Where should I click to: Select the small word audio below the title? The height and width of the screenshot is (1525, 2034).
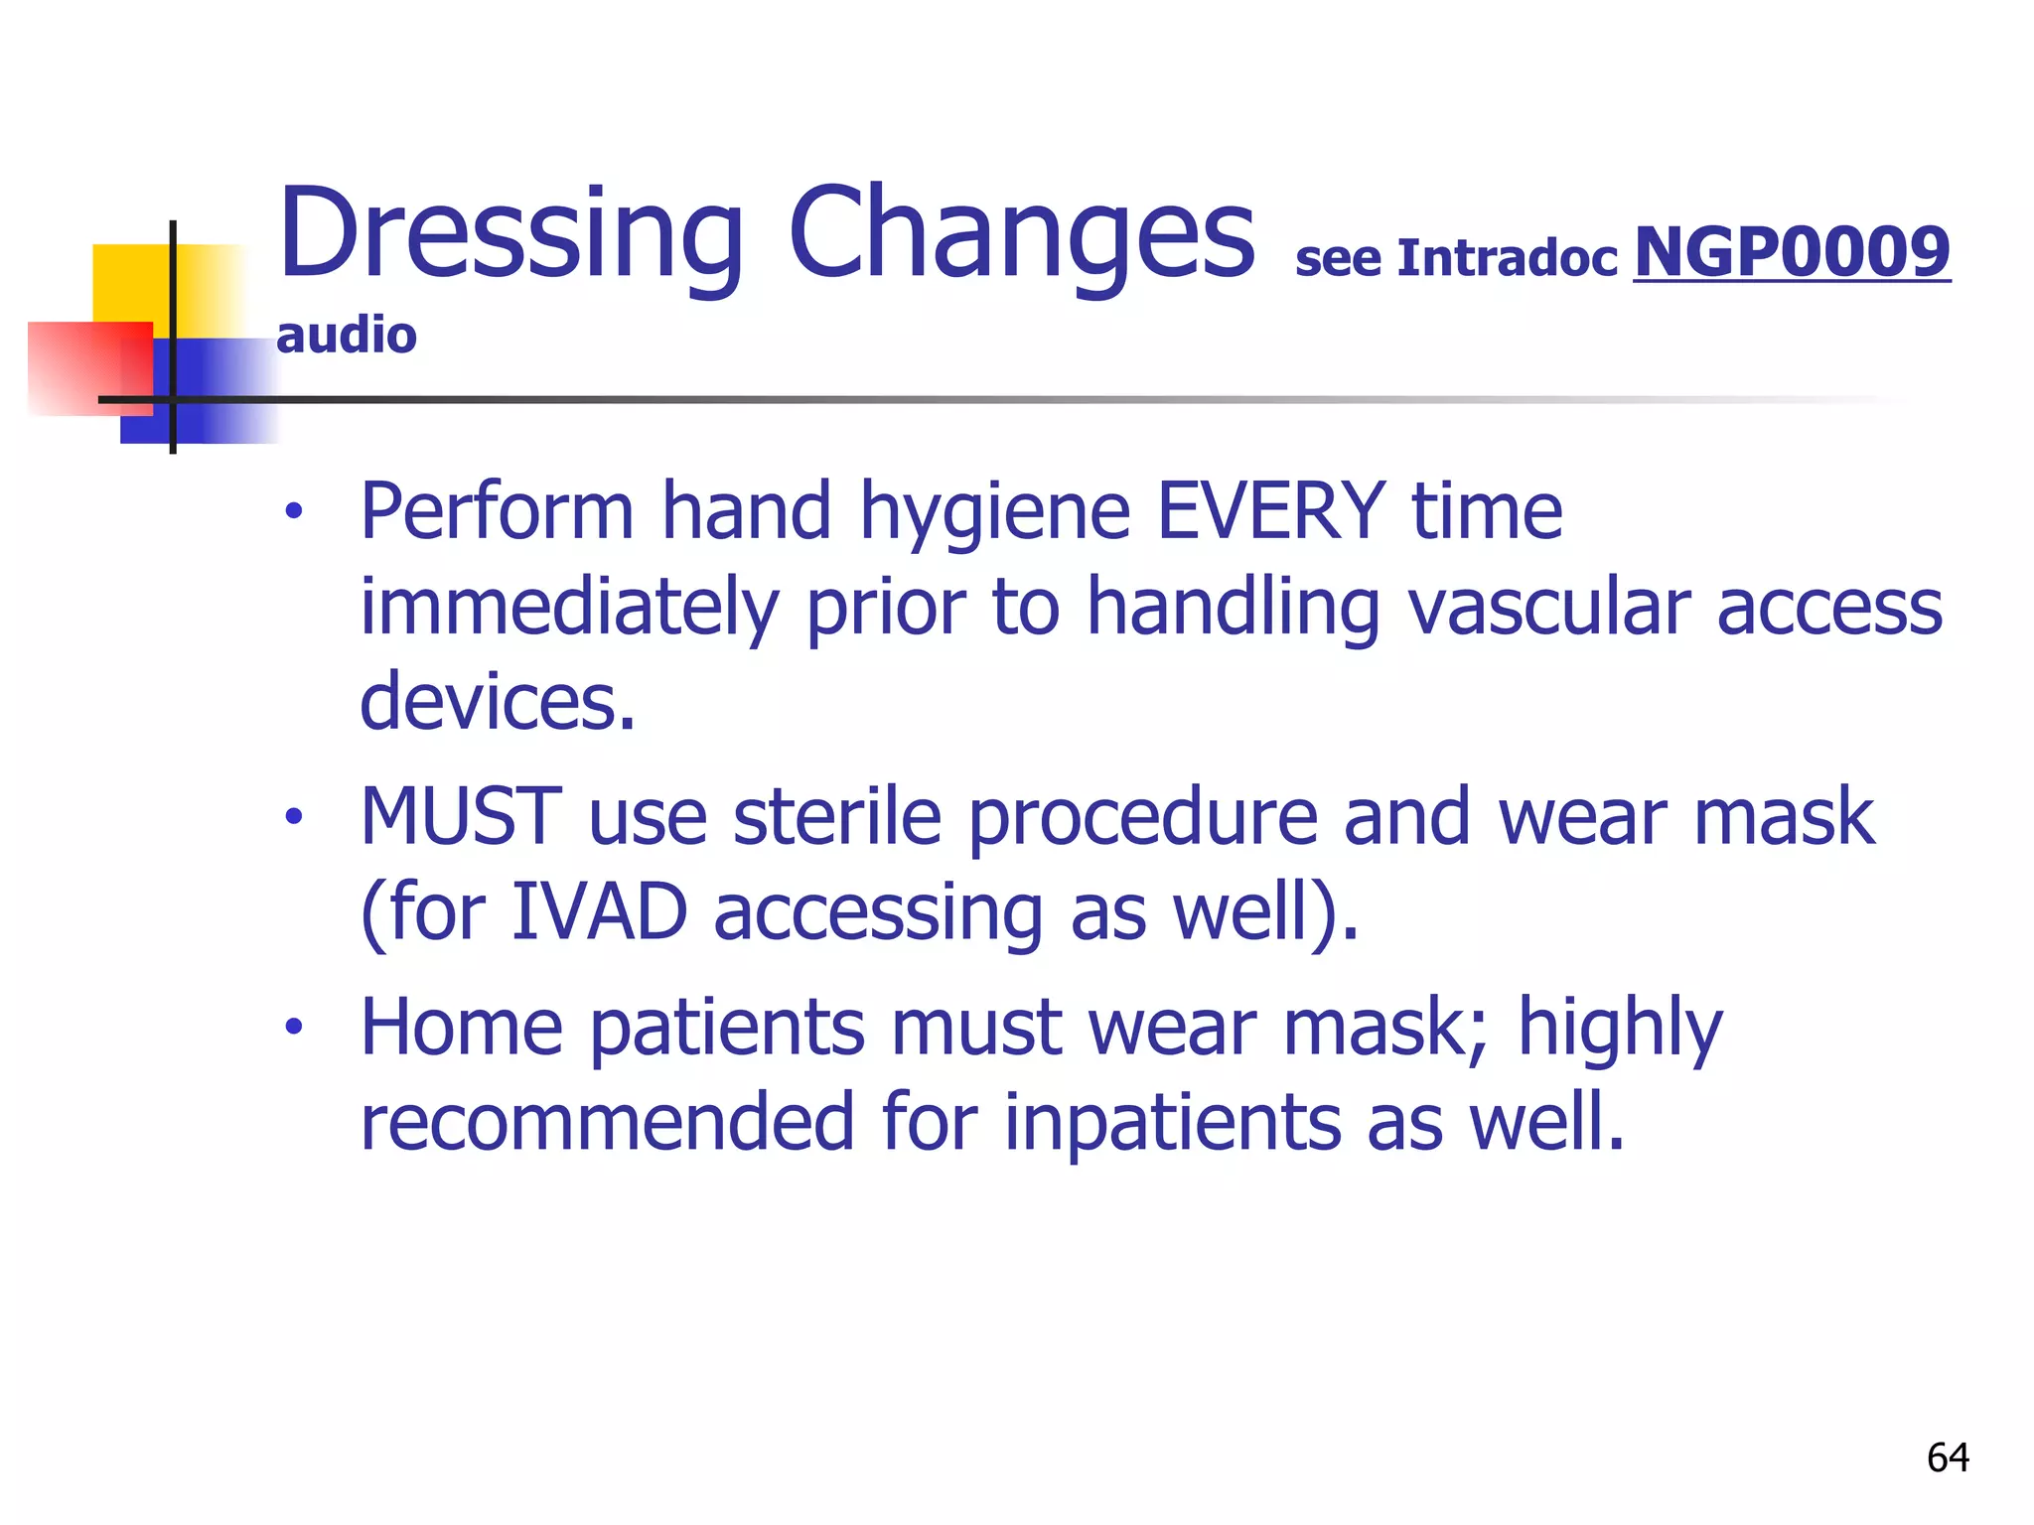[346, 336]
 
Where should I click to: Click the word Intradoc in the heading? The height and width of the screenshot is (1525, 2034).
[1507, 258]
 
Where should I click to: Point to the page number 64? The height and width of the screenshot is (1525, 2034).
[1948, 1457]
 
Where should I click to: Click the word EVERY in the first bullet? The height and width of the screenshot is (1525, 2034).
[1271, 510]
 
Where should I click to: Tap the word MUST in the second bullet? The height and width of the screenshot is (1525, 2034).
[461, 816]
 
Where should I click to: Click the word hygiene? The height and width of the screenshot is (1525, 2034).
[994, 514]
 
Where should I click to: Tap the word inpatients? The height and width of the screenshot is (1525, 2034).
[1172, 1122]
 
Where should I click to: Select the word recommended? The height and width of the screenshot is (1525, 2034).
[607, 1122]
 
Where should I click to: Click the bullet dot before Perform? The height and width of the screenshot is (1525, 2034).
[292, 512]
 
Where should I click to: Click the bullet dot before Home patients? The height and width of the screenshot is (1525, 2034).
[292, 1027]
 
